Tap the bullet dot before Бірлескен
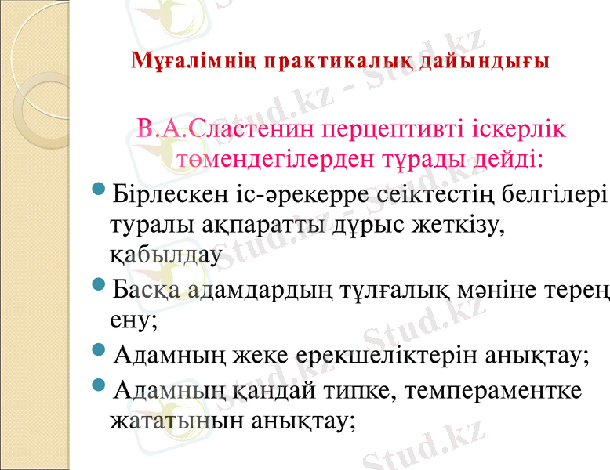pos(100,191)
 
